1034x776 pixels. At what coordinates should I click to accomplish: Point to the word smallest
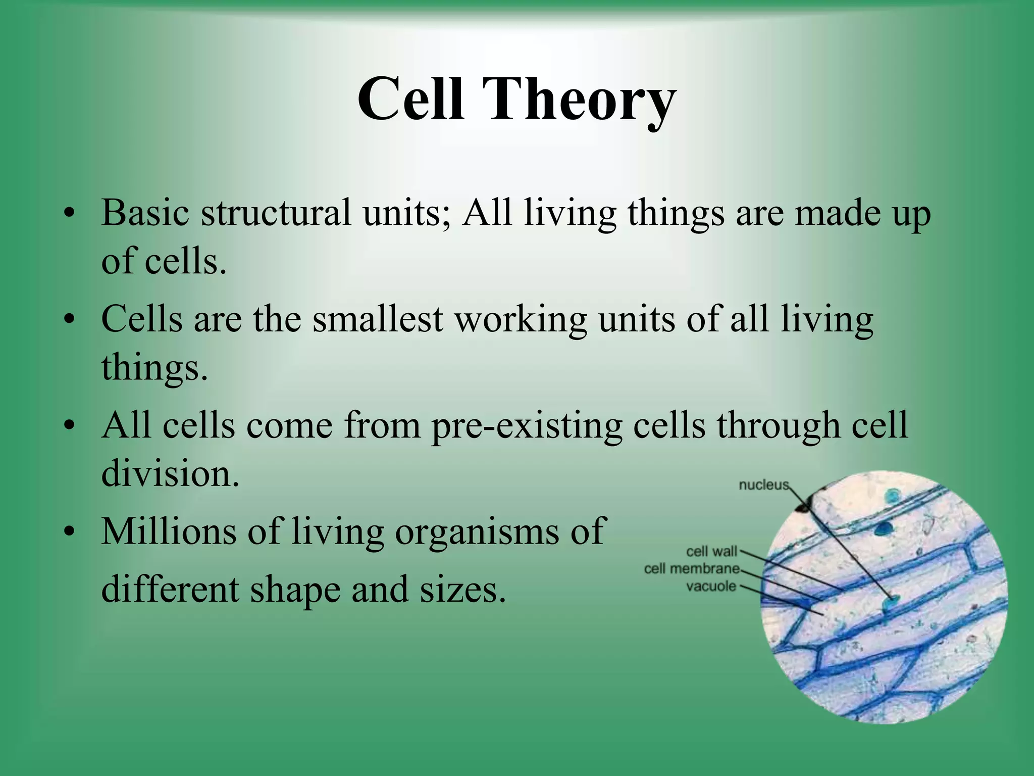click(x=378, y=319)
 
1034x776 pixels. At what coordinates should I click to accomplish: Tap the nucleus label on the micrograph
click(x=763, y=485)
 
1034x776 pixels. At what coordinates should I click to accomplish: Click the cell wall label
click(x=711, y=551)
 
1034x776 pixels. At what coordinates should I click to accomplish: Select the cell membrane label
click(x=691, y=569)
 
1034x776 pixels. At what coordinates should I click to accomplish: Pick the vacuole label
click(x=711, y=587)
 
